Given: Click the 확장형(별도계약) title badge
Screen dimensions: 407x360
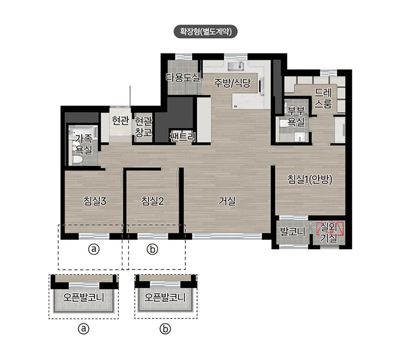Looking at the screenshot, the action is (206, 32).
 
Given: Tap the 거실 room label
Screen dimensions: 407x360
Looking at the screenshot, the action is (227, 201).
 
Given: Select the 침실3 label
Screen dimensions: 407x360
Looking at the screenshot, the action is (95, 201).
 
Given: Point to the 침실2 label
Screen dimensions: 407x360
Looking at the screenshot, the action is (153, 201).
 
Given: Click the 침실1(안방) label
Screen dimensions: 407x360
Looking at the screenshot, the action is (310, 179).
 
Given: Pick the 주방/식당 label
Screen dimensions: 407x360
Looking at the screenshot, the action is (232, 83).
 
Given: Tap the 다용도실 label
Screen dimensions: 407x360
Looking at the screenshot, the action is (183, 77).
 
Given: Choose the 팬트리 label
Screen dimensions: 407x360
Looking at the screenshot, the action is (183, 136).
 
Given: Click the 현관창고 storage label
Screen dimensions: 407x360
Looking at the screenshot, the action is (143, 127).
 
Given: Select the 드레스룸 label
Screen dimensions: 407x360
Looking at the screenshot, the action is (323, 98).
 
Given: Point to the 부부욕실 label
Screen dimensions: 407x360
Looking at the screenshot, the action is (296, 116).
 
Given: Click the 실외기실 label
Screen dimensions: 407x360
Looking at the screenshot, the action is (329, 232).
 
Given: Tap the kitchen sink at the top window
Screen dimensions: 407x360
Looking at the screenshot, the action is (236, 66).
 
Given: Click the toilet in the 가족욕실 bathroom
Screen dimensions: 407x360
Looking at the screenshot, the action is (77, 160).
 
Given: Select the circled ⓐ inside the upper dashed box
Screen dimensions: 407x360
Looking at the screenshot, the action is (94, 249).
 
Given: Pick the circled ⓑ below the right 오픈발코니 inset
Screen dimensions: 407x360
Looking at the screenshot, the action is (165, 329).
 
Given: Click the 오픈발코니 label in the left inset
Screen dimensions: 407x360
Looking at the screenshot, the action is (84, 297).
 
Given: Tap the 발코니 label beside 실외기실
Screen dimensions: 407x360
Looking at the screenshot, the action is (293, 232).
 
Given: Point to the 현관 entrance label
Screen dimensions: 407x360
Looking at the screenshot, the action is (120, 121).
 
